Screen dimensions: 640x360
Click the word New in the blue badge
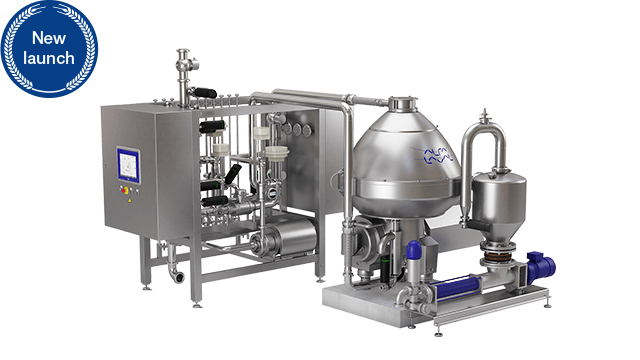click(x=49, y=38)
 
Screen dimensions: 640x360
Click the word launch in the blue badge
click(x=49, y=58)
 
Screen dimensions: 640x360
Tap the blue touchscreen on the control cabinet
click(x=129, y=165)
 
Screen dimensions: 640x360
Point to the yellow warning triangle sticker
click(x=130, y=200)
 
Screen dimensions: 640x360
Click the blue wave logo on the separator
click(x=438, y=156)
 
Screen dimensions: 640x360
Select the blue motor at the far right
click(x=541, y=266)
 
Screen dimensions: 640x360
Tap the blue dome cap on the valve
click(x=413, y=249)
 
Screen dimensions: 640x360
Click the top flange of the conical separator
click(x=403, y=103)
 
